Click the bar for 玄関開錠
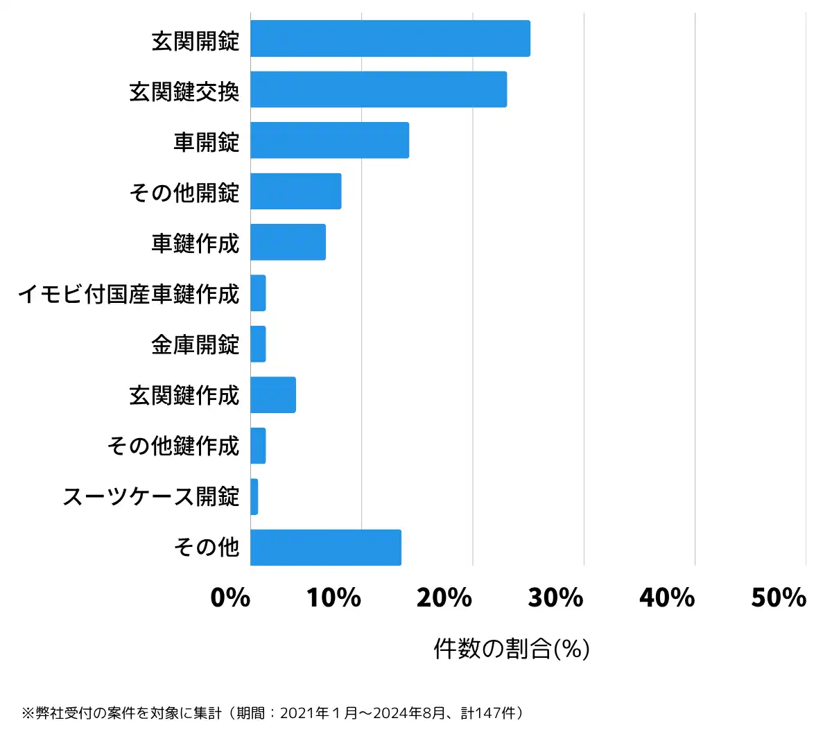[x=390, y=39]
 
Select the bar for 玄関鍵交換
[x=379, y=89]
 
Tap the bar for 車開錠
[x=329, y=140]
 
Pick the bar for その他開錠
[x=295, y=191]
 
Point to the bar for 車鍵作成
[x=288, y=242]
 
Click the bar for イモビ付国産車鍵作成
[x=258, y=293]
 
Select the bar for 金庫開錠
[x=258, y=344]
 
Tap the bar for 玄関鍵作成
[x=273, y=395]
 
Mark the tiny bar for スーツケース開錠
[x=254, y=497]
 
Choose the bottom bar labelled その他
[x=326, y=548]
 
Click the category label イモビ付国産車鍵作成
[x=129, y=294]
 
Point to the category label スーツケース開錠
[x=151, y=497]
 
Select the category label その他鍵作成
[x=173, y=446]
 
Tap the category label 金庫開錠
[x=196, y=345]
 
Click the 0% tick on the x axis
[x=230, y=598]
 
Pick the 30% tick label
[x=555, y=598]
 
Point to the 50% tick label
[x=779, y=598]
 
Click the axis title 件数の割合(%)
[x=512, y=649]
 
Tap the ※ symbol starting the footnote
[x=28, y=713]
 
